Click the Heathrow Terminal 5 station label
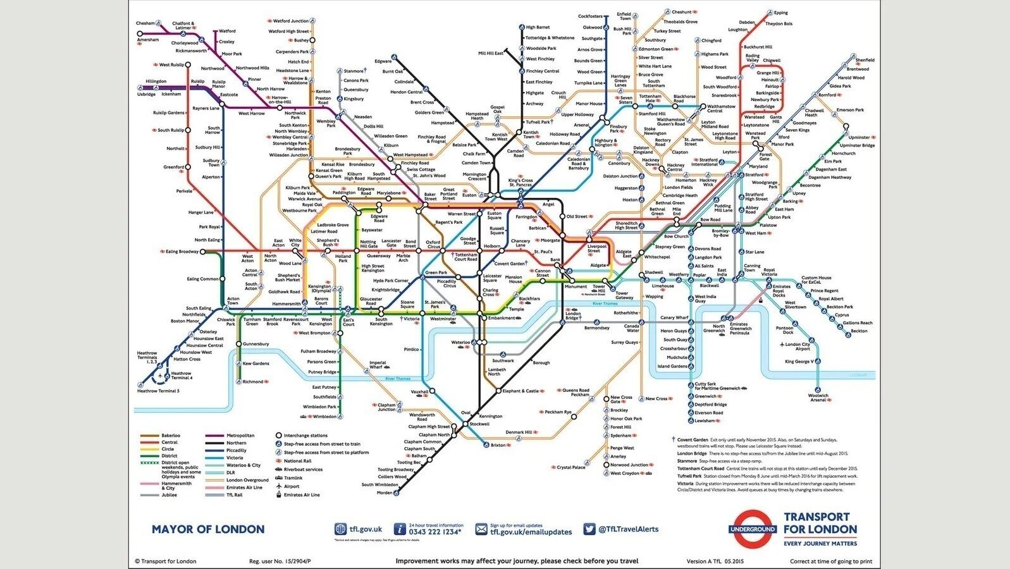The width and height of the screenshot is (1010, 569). tap(158, 391)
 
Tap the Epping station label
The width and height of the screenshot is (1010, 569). tap(780, 13)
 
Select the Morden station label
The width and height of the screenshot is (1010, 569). tap(385, 493)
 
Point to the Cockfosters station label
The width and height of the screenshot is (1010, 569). tap(590, 16)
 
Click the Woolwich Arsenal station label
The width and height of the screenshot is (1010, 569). tap(818, 398)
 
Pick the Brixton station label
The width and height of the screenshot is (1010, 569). tap(498, 445)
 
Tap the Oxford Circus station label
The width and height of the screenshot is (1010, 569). tap(433, 245)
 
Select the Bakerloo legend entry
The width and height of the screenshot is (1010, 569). tap(171, 435)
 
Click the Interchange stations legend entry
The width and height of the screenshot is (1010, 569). tap(305, 435)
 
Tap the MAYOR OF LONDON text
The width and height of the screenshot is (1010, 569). tap(207, 529)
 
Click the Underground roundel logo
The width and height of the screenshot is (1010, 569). tap(753, 529)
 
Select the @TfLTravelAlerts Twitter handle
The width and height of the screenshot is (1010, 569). tap(628, 529)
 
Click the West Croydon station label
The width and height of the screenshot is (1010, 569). tap(624, 473)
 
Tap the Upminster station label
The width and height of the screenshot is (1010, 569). tap(859, 137)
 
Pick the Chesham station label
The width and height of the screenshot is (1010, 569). tap(145, 23)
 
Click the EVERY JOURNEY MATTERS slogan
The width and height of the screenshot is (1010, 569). tap(820, 543)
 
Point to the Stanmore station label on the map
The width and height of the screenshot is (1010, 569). tap(353, 71)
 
